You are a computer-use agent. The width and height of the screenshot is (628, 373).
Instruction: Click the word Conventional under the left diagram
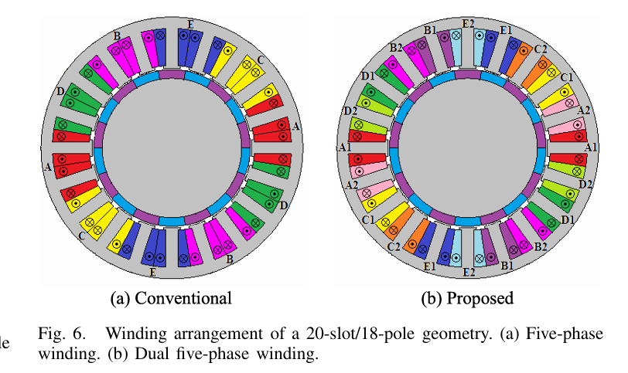pos(183,299)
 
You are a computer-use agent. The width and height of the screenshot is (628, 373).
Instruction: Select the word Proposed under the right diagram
pos(480,299)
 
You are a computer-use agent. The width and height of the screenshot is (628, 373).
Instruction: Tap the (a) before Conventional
pos(120,299)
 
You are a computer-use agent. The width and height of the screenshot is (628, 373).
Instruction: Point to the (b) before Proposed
pos(432,299)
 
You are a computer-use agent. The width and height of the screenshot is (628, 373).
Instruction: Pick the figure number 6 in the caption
pos(80,334)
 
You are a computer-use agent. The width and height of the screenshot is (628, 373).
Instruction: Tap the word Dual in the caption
pos(151,354)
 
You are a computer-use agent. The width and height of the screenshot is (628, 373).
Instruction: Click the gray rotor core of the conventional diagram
pos(172,149)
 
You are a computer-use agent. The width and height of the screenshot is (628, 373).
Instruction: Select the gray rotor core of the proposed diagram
pos(468,149)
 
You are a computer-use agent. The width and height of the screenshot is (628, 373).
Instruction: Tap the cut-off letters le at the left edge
pos(4,343)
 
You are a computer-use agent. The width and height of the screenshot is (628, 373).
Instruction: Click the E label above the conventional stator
pos(190,25)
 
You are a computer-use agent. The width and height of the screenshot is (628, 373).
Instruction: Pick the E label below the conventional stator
pos(152,273)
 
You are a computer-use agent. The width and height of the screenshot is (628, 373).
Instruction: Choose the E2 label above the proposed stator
pos(468,24)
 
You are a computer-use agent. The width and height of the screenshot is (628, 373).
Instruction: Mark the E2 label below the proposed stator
pos(469,273)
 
